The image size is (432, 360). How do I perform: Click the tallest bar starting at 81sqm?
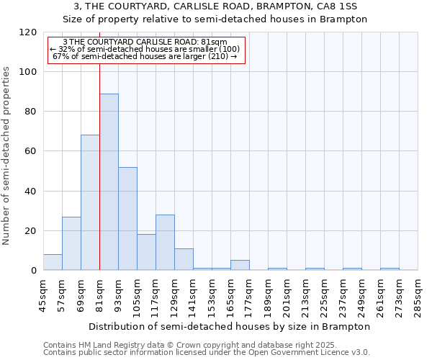[109, 182]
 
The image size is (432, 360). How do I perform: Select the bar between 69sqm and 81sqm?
[90, 202]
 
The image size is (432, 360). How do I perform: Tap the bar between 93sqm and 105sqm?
[127, 218]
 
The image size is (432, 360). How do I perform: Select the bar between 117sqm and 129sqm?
[165, 243]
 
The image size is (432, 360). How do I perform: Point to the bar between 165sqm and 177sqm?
[240, 265]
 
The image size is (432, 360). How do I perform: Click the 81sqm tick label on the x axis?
[100, 294]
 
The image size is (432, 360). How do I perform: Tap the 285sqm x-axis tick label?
[418, 294]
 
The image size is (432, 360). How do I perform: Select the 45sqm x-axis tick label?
[44, 294]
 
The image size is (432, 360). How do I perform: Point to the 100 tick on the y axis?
[28, 72]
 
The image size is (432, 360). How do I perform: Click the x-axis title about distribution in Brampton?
[230, 326]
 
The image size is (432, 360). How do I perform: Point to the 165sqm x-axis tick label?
[231, 294]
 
